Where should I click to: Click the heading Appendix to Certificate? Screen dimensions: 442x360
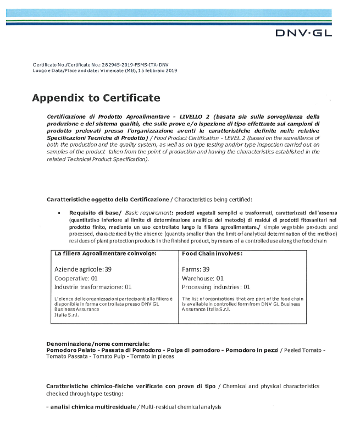[96, 98]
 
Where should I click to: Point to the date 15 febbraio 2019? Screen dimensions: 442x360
[158, 70]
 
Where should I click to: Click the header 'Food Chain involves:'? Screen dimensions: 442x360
[212, 253]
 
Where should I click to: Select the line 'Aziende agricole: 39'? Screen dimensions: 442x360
[83, 269]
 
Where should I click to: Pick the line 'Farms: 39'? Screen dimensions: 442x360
[196, 269]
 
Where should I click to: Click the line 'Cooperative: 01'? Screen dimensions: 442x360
[76, 278]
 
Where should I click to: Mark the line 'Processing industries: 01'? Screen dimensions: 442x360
[215, 287]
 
